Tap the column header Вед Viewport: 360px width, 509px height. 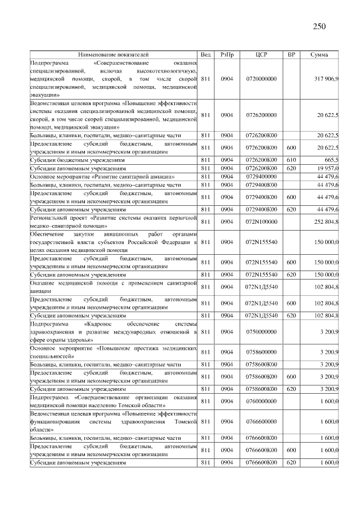(x=206, y=55)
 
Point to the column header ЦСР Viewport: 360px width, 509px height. (x=261, y=55)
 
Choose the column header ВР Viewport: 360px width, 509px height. (x=291, y=55)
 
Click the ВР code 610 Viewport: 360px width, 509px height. (x=291, y=160)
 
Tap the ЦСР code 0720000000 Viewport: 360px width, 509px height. (x=261, y=79)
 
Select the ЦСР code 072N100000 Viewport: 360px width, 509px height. (x=261, y=222)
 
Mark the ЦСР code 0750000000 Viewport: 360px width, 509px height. (x=261, y=332)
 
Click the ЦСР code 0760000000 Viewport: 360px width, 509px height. (x=261, y=401)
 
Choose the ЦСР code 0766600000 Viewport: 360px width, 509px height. (x=261, y=421)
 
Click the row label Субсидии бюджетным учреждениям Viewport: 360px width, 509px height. (x=78, y=160)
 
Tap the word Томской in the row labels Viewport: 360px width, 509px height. (x=186, y=421)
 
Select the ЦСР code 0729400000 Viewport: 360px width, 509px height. (x=261, y=176)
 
